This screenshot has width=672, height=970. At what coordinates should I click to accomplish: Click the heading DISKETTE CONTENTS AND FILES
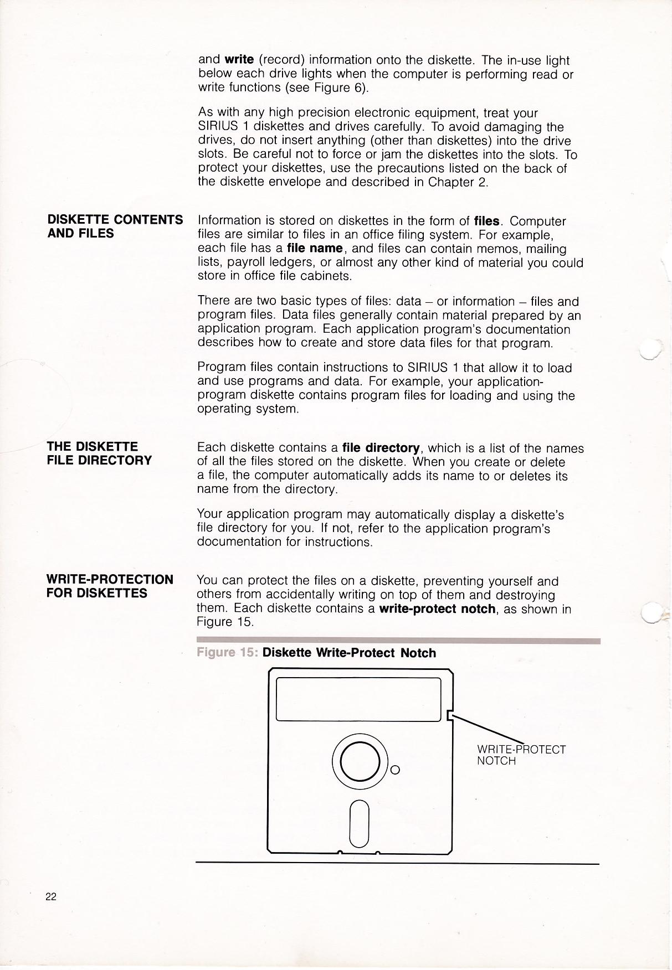115,226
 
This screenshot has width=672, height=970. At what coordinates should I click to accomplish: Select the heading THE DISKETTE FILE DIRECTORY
99,453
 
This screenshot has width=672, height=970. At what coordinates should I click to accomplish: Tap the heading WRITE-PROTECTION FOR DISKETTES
110,586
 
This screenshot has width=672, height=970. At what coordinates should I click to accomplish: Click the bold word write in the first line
239,60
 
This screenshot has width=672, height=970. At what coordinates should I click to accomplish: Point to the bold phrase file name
314,248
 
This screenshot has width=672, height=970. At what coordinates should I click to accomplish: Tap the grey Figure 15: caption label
227,653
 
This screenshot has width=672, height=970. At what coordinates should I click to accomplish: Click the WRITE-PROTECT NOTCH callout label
521,755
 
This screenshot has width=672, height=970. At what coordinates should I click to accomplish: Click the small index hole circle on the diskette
395,770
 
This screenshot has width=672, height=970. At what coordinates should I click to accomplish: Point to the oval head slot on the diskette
360,824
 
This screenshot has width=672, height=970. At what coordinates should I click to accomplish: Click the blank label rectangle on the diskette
358,699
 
